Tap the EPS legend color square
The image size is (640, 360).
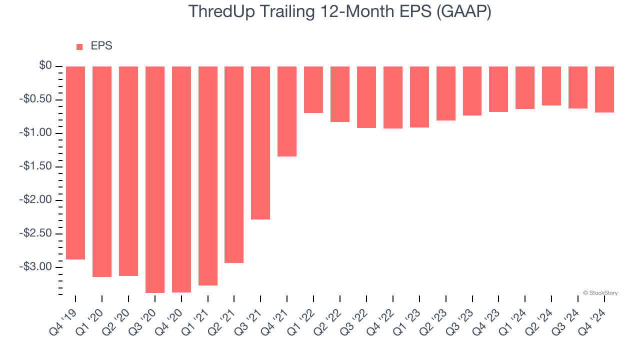click(79, 47)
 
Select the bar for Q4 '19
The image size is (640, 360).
click(75, 162)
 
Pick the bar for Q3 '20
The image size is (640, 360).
click(155, 179)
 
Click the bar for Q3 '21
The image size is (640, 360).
click(260, 142)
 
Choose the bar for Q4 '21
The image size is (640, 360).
click(287, 111)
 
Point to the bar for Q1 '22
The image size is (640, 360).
click(313, 89)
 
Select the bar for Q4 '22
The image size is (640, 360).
click(393, 97)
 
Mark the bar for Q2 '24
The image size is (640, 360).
click(551, 85)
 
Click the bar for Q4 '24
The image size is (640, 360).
click(604, 89)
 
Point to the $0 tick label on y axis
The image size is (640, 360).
click(46, 66)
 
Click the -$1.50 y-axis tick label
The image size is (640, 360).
click(37, 166)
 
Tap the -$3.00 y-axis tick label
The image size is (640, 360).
click(37, 267)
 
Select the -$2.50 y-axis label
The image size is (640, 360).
click(37, 233)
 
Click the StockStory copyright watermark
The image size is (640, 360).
click(600, 293)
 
